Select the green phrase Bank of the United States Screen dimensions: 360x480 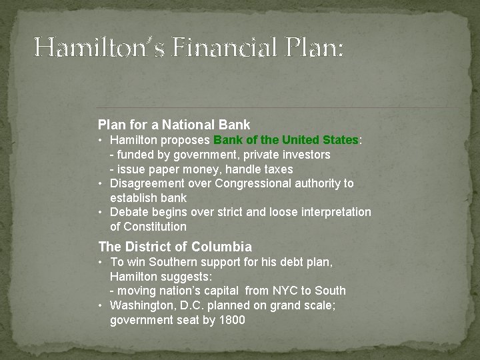tap(286, 141)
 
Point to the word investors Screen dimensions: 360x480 tap(305, 155)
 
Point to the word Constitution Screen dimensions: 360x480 tap(155, 227)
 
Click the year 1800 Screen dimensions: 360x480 tap(231, 320)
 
